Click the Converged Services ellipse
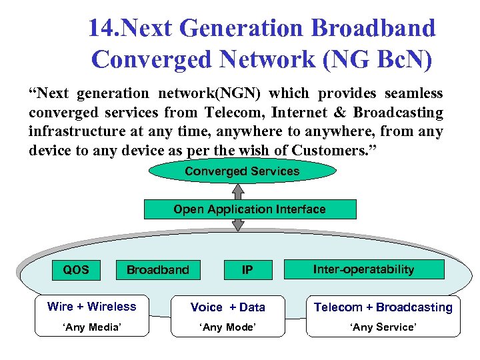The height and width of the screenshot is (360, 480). pos(242,171)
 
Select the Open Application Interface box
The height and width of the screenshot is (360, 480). pos(250,209)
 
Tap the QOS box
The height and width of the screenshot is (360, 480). pos(75,269)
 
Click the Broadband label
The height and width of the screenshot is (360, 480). pos(158,270)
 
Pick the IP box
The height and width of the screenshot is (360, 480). pos(247,269)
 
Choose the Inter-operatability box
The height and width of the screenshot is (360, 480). pos(364,269)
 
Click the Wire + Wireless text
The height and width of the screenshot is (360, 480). pos(91,307)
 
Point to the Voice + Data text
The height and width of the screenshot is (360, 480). pos(228,307)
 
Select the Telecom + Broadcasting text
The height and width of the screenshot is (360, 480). pos(383,307)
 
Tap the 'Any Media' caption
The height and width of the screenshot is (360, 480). pos(91,327)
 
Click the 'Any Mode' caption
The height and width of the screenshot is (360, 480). pos(228,327)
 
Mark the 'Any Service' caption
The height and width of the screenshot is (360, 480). pos(383,327)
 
